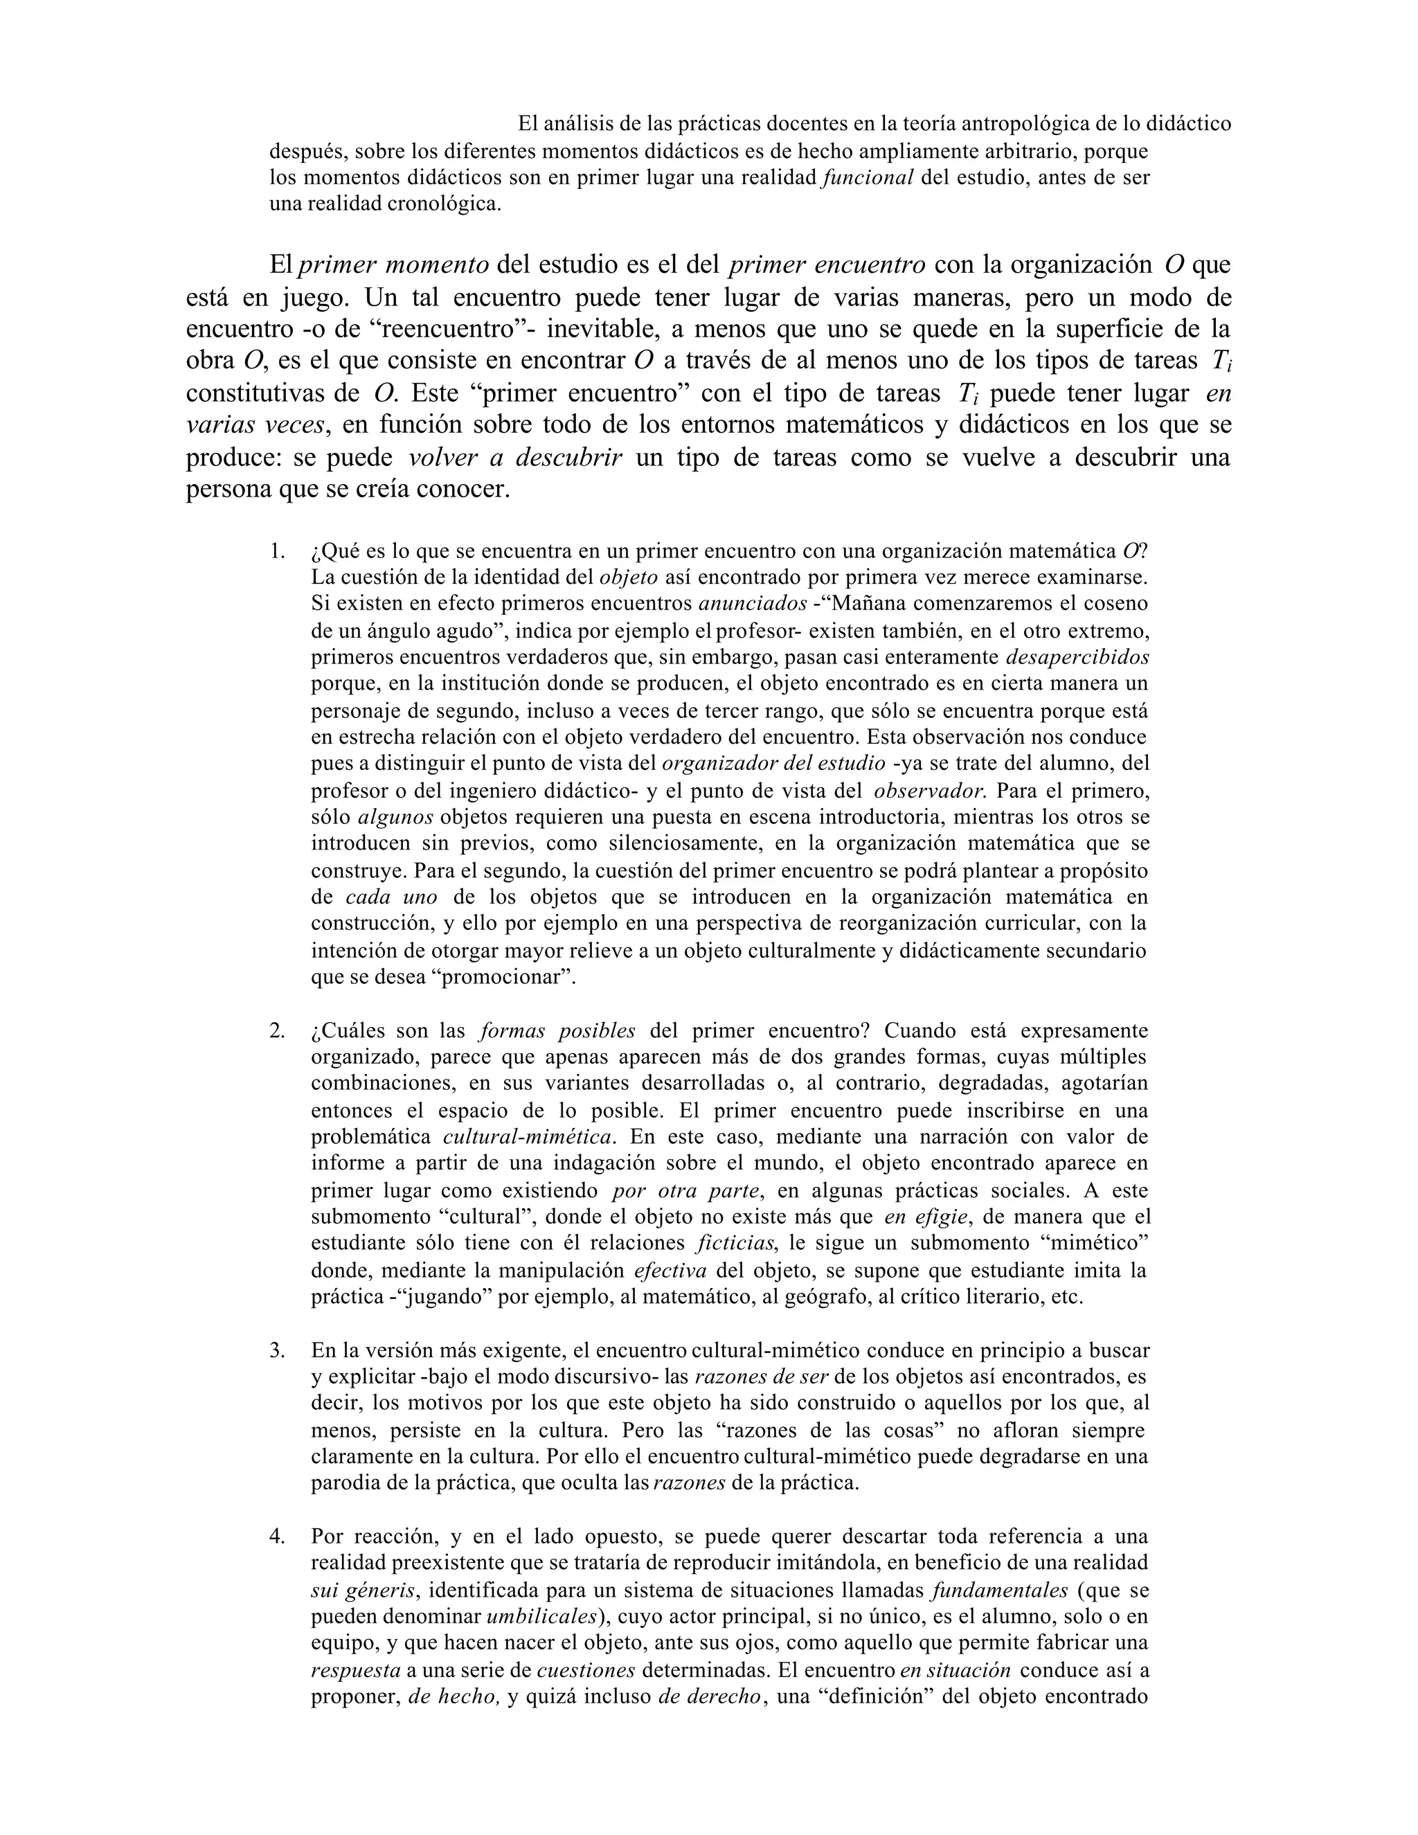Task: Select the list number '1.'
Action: [276, 551]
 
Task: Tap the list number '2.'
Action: [277, 1031]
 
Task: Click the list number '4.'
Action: [277, 1537]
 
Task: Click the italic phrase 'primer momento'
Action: [393, 265]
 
